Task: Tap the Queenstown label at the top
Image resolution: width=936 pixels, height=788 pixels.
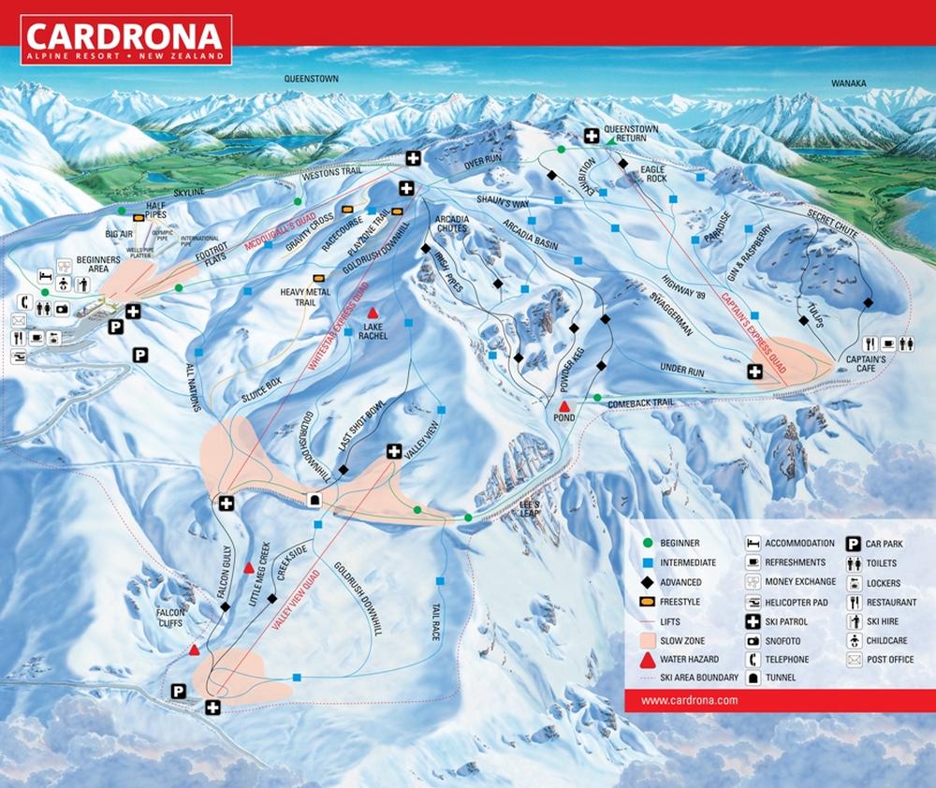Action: coord(312,80)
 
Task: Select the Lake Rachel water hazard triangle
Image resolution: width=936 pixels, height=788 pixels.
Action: coord(373,312)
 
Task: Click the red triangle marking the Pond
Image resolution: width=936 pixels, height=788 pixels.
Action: coord(564,406)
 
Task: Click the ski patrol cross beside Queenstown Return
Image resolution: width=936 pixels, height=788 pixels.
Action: coord(592,136)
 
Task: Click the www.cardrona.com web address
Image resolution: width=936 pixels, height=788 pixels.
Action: coord(690,700)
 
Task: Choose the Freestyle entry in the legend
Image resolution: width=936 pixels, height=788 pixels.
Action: coord(680,602)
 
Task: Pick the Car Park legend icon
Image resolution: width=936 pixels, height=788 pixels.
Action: coord(854,543)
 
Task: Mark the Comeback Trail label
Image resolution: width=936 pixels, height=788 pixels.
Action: coord(640,402)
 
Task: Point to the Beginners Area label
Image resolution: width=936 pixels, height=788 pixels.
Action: coord(99,263)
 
